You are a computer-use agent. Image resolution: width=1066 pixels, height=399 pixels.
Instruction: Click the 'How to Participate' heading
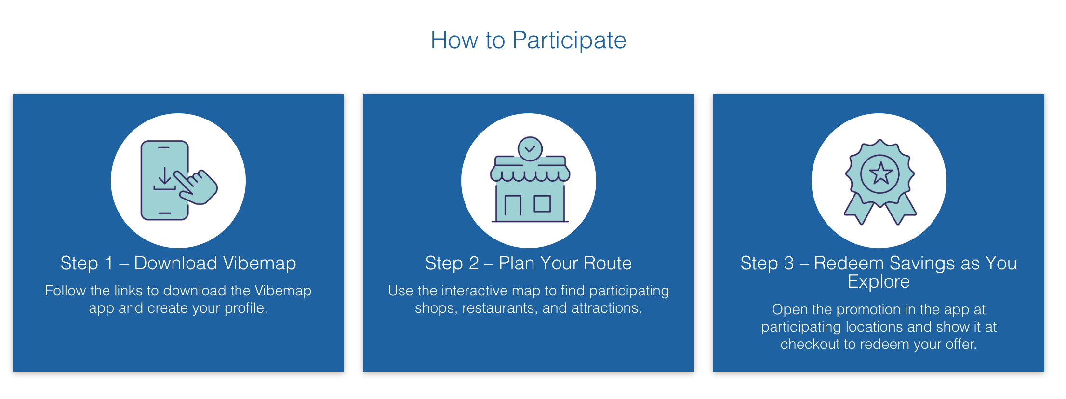click(x=528, y=40)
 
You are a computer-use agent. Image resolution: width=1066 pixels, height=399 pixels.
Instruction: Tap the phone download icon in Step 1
click(x=179, y=180)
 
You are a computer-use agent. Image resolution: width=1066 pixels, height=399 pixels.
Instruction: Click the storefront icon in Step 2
click(x=530, y=180)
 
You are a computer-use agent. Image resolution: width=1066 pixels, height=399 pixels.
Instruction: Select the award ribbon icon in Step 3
click(x=880, y=182)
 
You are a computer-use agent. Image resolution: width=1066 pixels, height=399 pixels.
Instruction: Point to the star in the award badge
click(x=880, y=173)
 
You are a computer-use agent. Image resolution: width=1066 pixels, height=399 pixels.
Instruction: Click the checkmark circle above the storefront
click(x=530, y=149)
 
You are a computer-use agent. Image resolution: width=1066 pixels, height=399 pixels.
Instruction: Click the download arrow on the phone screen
click(x=164, y=178)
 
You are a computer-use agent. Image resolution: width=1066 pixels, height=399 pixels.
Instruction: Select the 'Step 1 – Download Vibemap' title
click(x=178, y=263)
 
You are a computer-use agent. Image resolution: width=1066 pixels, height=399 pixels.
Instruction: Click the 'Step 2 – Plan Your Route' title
click(x=528, y=263)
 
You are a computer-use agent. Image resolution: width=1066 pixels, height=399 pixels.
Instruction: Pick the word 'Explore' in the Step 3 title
click(x=879, y=281)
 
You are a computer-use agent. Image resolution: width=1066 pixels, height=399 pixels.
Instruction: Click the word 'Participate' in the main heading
click(x=569, y=40)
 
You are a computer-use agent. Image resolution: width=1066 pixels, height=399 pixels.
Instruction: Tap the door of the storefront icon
click(x=513, y=205)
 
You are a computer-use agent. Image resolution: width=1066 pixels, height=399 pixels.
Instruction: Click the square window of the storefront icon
click(x=542, y=204)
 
